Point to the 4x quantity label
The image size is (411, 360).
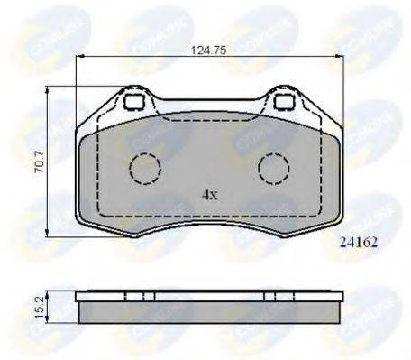point(209,193)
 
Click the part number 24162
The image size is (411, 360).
point(361,242)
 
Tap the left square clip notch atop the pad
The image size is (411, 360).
point(136,103)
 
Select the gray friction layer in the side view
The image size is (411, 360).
point(209,312)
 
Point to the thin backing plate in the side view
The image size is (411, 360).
point(209,296)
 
